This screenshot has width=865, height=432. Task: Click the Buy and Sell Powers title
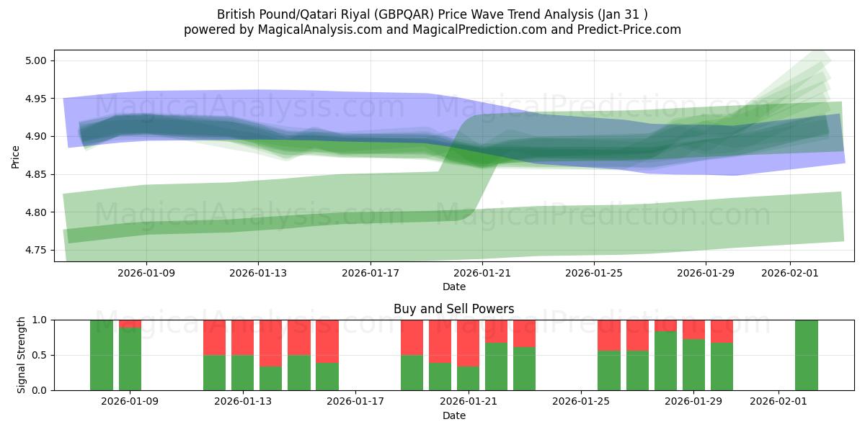[x=453, y=309]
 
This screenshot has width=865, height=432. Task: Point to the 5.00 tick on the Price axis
[x=36, y=60]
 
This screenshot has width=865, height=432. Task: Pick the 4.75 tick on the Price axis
[x=36, y=250]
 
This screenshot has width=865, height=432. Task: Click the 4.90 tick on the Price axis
[x=36, y=136]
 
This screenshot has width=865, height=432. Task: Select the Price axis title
[x=15, y=156]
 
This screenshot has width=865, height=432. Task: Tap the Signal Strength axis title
[x=22, y=354]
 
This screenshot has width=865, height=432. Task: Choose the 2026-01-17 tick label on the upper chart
[x=370, y=274]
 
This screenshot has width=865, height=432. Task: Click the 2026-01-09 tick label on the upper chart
[x=146, y=274]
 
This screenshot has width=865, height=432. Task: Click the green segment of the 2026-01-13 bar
[x=242, y=372]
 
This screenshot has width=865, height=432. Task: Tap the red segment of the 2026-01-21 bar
[x=468, y=343]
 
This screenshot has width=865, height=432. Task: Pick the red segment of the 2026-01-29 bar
[x=693, y=329]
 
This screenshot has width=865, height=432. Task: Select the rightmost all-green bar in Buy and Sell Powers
[x=806, y=355]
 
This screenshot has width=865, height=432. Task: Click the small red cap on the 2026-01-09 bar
[x=130, y=323]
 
